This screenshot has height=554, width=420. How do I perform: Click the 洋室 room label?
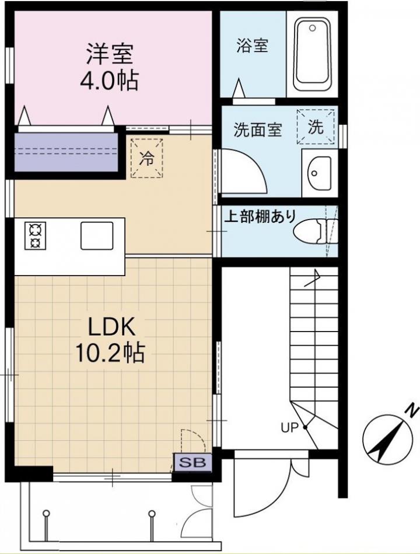tap(110, 54)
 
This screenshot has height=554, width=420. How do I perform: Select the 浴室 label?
tap(252, 46)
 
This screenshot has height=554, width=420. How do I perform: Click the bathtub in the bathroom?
tap(313, 54)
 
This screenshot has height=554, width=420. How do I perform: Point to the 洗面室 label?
tap(258, 130)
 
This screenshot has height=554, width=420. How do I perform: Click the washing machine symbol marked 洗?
tap(316, 127)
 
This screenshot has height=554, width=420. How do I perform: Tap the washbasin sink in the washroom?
tap(320, 173)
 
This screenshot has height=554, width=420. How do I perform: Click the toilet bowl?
tap(315, 231)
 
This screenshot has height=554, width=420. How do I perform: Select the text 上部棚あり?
tap(260, 216)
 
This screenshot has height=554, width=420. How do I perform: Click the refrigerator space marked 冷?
tap(146, 158)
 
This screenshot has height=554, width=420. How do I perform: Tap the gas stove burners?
tap(36, 236)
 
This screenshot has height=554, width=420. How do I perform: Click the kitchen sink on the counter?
tap(97, 236)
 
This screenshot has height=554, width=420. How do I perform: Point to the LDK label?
tap(111, 327)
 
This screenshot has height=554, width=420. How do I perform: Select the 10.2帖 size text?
tap(110, 352)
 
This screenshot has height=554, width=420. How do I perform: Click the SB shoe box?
tap(192, 462)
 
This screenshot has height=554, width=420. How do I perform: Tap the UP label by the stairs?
tap(289, 428)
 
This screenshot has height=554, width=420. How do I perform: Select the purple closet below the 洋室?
tap(66, 152)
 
